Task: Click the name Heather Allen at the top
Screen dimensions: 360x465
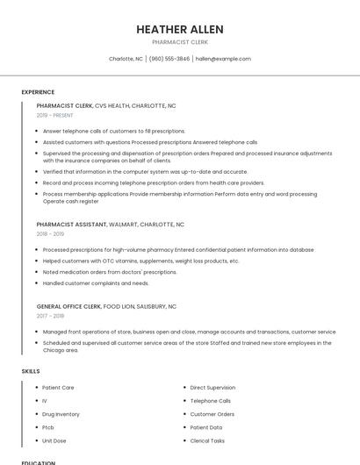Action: [179, 29]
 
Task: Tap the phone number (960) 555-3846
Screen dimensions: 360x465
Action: [169, 59]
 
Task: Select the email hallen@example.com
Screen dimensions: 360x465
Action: [223, 59]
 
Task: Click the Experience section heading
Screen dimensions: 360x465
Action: [38, 92]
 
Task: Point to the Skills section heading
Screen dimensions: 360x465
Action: [31, 371]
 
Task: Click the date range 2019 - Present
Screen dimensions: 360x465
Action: [55, 115]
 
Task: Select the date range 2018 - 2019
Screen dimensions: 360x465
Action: [50, 234]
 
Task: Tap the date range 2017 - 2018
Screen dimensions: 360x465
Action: [50, 316]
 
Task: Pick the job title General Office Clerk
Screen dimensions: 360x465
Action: [69, 306]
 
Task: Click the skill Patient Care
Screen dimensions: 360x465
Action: [58, 387]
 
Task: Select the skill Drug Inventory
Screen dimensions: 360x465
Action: [61, 414]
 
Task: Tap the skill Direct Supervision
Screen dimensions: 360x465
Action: [212, 387]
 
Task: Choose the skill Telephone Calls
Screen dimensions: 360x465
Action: [210, 400]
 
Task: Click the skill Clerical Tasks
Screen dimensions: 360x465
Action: [207, 440]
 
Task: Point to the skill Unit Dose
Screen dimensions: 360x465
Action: [54, 440]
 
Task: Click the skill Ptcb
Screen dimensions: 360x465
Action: [48, 427]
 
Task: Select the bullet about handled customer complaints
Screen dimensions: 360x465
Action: [96, 283]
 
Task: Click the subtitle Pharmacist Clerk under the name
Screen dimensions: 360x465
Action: [179, 42]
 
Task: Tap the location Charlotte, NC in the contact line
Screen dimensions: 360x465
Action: [126, 59]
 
